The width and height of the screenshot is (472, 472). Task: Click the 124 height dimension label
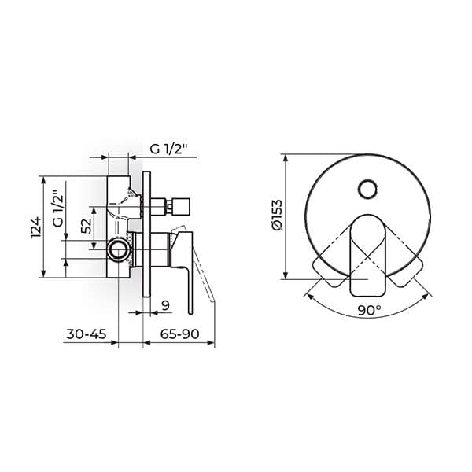[x=35, y=227]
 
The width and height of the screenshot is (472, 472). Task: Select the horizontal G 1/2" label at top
[x=169, y=149]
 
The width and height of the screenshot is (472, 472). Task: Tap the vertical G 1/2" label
[x=58, y=208]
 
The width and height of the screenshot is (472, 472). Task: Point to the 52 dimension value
[x=87, y=226]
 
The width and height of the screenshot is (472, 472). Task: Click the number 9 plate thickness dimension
[x=165, y=305]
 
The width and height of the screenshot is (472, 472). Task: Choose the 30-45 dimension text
[x=87, y=334]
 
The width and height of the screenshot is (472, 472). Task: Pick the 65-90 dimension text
[x=179, y=334]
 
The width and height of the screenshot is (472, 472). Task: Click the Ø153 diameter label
[x=276, y=215]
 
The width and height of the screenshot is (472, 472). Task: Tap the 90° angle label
[x=370, y=311]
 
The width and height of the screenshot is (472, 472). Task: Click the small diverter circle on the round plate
[x=367, y=189]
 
